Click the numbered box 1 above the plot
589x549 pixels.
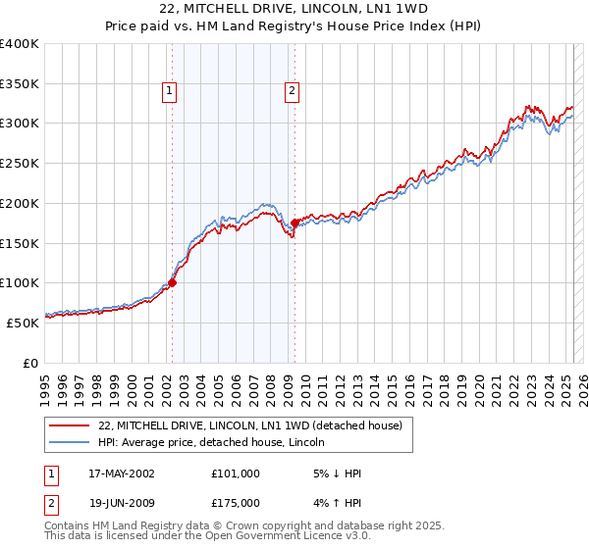pos(170,92)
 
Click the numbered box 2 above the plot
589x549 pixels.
pos(293,92)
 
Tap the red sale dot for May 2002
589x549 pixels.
pos(172,282)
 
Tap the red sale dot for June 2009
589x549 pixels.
pos(294,223)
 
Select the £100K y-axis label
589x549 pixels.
pos(20,282)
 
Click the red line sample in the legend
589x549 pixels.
pos(70,425)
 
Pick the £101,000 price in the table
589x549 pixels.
pos(236,474)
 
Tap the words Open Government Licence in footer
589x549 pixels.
pos(284,536)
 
